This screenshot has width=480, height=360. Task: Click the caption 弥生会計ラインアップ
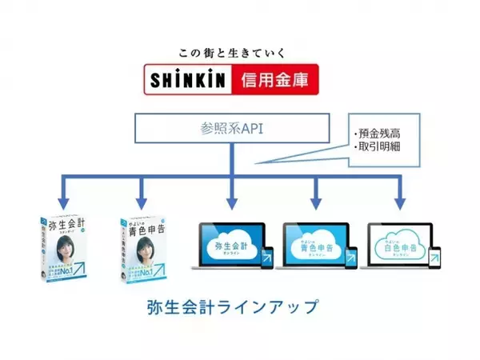point(233,306)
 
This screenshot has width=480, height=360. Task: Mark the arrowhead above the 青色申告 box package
point(142,201)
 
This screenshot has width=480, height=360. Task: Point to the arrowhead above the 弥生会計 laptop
point(232,201)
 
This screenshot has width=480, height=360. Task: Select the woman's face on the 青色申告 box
point(152,245)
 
